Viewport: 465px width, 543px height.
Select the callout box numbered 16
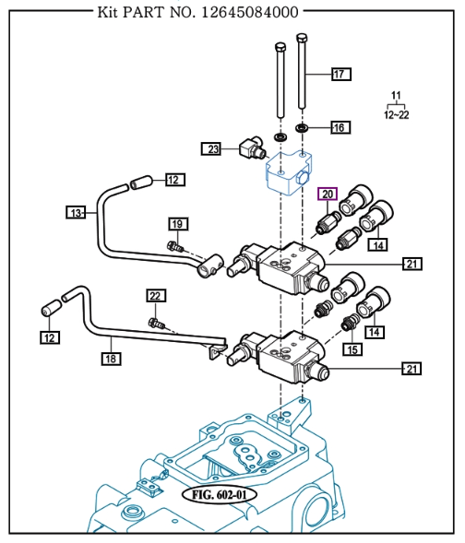point(338,127)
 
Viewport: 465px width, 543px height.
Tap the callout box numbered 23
point(213,149)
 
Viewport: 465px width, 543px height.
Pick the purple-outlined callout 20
point(328,194)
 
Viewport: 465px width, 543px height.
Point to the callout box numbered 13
point(77,213)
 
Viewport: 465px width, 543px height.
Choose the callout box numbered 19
point(178,224)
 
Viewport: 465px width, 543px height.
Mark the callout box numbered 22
point(156,296)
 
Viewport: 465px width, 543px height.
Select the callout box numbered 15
point(352,348)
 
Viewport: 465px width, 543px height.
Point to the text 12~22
point(397,114)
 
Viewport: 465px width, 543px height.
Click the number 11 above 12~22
point(397,97)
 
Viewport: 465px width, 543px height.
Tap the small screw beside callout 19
point(172,245)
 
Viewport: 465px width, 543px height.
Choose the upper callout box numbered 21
point(412,265)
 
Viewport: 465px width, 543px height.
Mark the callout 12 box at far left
point(50,338)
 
